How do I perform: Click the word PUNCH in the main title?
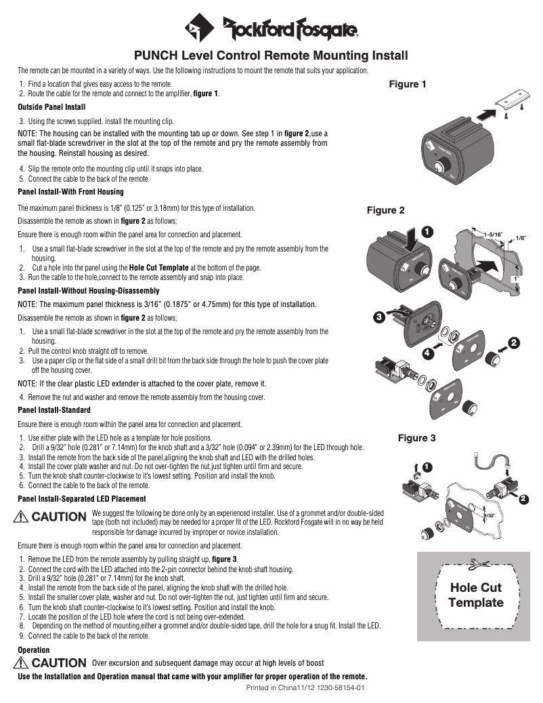click(x=155, y=55)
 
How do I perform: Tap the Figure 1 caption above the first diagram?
click(x=408, y=85)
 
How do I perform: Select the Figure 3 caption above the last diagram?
click(x=416, y=438)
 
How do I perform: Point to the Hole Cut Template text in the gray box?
click(x=476, y=595)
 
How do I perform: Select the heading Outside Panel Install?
click(x=51, y=107)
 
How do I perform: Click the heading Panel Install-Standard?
click(x=53, y=410)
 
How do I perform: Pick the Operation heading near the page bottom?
click(x=33, y=650)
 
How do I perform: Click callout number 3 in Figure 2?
click(x=379, y=317)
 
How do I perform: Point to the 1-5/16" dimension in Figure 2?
click(x=494, y=234)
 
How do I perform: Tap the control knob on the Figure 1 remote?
click(x=443, y=165)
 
